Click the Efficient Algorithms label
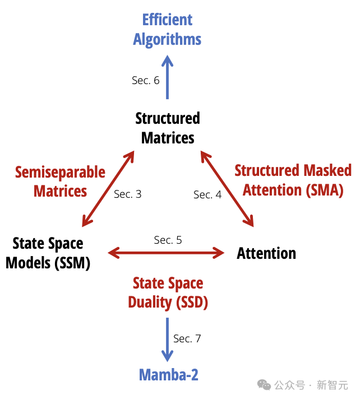(167, 29)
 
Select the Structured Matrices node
(168, 128)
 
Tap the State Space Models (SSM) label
(48, 253)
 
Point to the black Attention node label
(266, 253)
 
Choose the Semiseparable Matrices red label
(60, 181)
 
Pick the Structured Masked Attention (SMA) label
(293, 180)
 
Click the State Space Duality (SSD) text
(168, 292)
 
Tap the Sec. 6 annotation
(146, 80)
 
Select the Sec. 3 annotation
(128, 194)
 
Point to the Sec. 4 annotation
(207, 194)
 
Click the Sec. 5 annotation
(168, 240)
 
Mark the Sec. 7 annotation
(187, 338)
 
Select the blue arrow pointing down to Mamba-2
(167, 339)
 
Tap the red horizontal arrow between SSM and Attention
(166, 253)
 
